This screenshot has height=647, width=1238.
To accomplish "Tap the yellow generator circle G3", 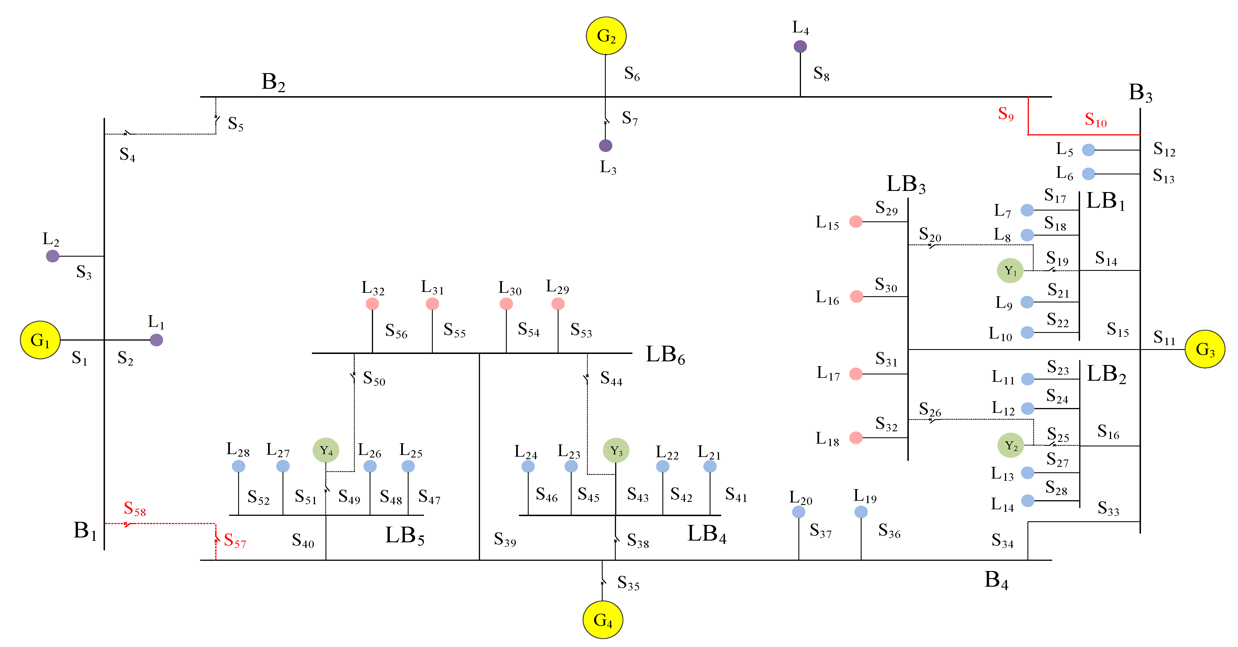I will [1204, 349].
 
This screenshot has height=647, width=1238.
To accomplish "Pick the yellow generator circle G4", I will [603, 620].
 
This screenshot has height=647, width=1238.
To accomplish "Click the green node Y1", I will [1010, 271].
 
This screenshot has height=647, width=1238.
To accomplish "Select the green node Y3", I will [616, 450].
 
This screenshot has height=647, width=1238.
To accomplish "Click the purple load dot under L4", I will [800, 47].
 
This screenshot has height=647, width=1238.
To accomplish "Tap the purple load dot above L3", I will [605, 145].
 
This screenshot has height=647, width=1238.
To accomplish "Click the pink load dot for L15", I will [856, 222].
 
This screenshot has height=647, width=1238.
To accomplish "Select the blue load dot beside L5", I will [1088, 150].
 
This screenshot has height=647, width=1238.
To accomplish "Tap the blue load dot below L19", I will [861, 512].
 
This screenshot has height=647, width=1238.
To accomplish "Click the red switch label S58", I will [135, 508].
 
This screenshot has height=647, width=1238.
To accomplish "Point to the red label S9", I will [1005, 114].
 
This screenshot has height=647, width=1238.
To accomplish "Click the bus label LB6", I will [665, 355].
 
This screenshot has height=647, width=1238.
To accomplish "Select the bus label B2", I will [273, 82].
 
